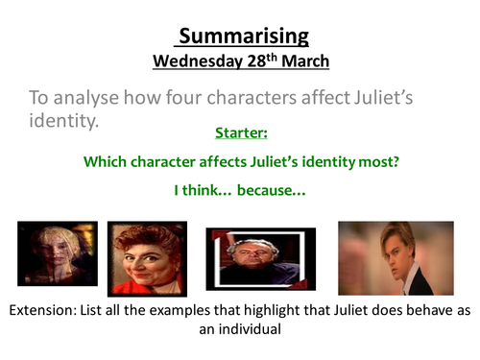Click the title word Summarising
click(x=241, y=36)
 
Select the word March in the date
click(x=305, y=60)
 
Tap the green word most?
click(x=378, y=162)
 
